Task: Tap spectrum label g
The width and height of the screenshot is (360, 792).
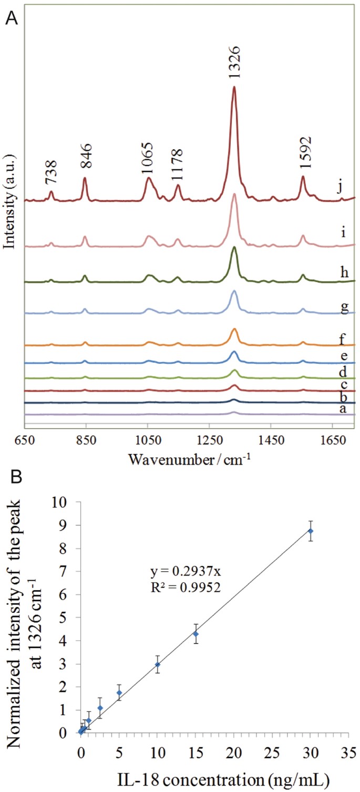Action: click(344, 307)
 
